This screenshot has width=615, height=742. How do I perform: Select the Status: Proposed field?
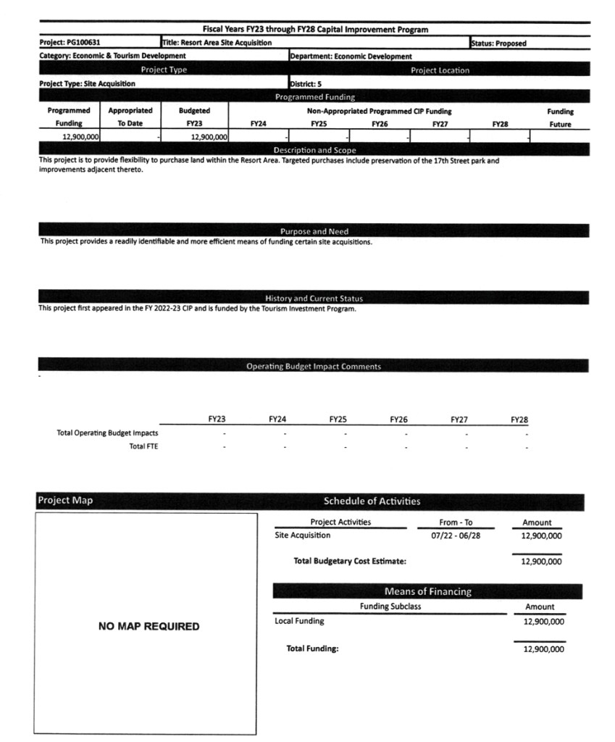coord(500,43)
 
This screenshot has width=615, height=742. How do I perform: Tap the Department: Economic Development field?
coord(351,56)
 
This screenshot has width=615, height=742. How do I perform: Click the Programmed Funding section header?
coord(314,96)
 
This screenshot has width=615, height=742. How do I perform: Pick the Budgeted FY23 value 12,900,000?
coord(209,136)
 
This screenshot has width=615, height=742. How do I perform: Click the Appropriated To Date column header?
coord(130,117)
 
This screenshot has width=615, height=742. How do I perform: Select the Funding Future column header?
coord(560,117)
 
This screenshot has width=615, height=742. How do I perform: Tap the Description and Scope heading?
coord(314,150)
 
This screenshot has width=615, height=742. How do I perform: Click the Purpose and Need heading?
coord(314,232)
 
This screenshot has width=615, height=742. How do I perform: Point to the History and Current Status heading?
coord(314,299)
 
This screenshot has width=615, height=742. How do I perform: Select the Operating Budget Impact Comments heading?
coord(313,367)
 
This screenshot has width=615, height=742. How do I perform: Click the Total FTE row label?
coord(143,446)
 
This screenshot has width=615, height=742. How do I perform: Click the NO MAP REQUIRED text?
coord(148,626)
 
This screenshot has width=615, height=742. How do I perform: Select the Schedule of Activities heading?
coord(372,501)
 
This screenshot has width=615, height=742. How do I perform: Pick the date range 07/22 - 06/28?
coord(456,535)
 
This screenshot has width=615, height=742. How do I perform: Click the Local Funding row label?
coord(300,621)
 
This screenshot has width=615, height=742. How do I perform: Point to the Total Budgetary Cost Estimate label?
coord(349,561)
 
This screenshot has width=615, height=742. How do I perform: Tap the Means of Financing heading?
coord(427,591)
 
